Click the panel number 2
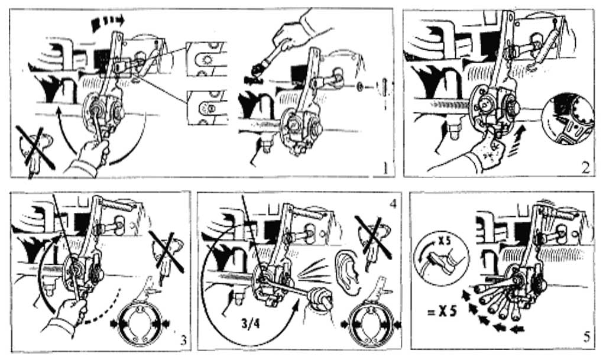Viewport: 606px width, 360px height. pyautogui.click(x=585, y=167)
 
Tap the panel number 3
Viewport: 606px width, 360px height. pyautogui.click(x=183, y=340)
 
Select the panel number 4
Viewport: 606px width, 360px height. pyautogui.click(x=393, y=203)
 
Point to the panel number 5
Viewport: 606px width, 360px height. pyautogui.click(x=586, y=338)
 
